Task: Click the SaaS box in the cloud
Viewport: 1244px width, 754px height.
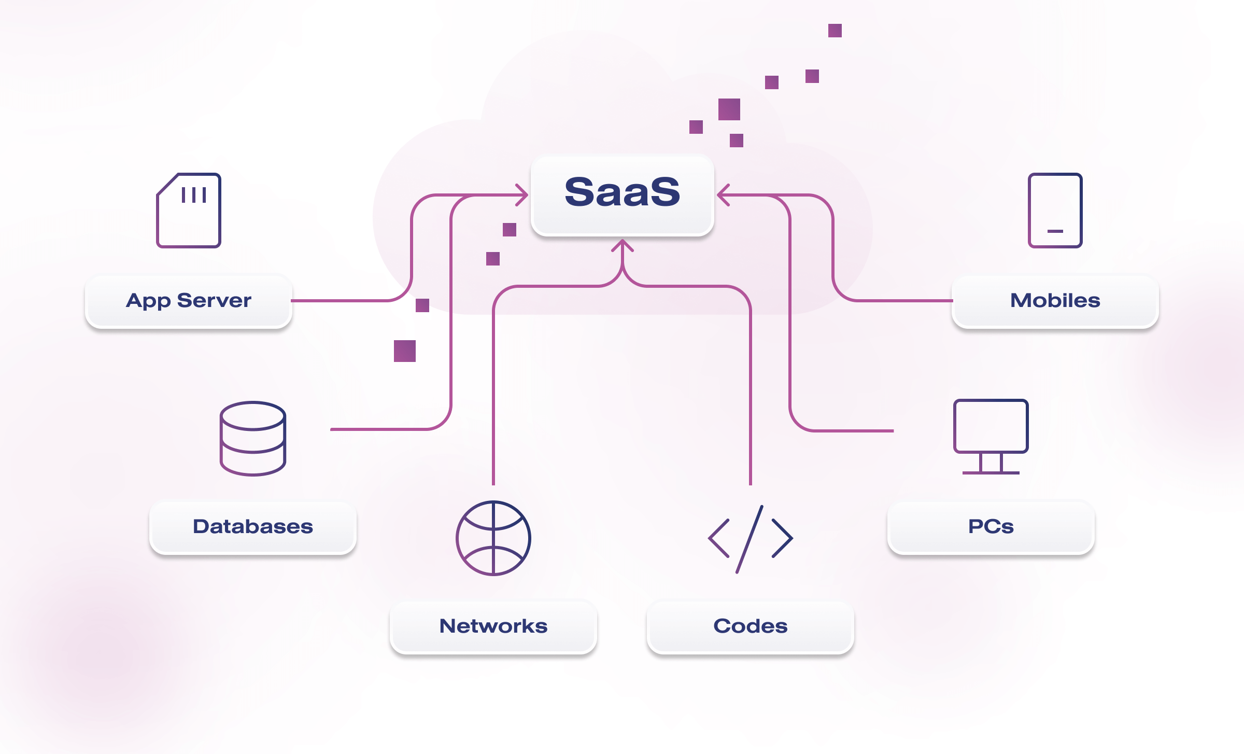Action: point(622,195)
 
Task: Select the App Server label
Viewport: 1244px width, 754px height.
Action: point(189,301)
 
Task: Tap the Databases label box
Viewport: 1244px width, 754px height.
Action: point(253,527)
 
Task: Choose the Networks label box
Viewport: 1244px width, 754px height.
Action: point(493,626)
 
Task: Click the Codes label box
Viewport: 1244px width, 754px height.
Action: point(751,626)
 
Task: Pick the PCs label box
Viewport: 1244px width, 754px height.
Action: point(991,527)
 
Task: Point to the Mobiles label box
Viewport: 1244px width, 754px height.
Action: point(1055,301)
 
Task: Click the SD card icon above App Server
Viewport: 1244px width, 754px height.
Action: point(189,211)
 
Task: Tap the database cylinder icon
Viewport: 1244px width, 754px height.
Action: point(253,439)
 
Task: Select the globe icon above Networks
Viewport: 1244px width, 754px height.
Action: point(493,538)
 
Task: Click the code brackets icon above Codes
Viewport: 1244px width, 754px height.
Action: point(751,539)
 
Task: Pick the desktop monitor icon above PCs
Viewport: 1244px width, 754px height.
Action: point(991,426)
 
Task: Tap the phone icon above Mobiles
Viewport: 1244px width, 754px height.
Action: point(1055,211)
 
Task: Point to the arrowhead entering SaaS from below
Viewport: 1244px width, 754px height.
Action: point(623,245)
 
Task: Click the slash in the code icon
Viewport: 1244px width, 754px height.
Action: point(750,539)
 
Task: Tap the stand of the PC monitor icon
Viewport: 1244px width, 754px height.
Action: point(991,464)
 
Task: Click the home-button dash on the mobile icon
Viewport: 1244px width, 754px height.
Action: point(1055,231)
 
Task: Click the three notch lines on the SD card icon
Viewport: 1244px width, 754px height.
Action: point(194,195)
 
